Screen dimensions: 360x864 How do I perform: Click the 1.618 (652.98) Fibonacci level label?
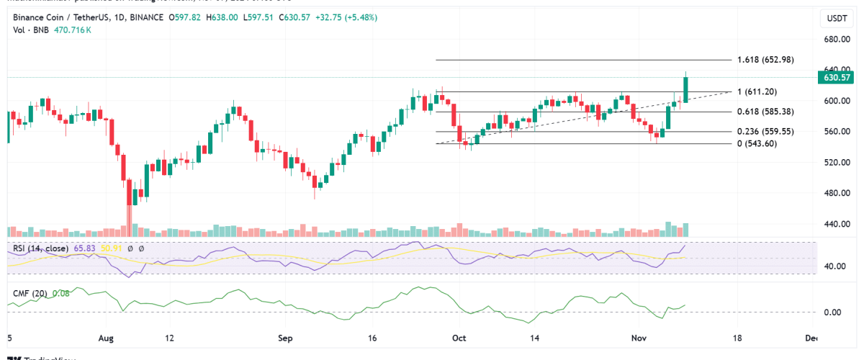764,60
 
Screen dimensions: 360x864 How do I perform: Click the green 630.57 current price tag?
835,77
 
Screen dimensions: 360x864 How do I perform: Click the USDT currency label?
834,18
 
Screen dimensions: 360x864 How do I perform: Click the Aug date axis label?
106,338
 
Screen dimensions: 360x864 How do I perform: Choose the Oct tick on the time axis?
459,338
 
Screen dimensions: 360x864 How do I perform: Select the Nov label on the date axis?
639,338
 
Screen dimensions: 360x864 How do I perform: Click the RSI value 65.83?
84,248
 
